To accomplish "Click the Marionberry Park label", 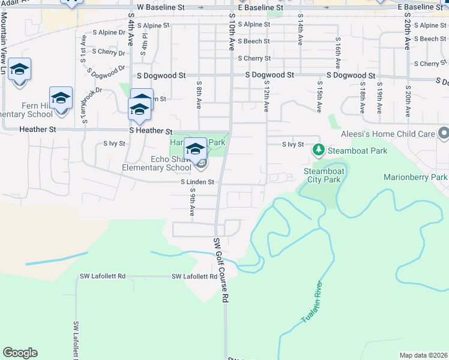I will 415,177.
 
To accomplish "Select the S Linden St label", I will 197,182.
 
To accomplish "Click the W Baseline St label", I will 161,7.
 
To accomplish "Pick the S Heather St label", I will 151,130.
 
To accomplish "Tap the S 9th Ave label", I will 192,204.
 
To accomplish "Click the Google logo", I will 20,353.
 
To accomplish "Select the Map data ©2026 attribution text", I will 423,355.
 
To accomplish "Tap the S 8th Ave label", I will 199,95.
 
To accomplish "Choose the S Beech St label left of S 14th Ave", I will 253,41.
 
